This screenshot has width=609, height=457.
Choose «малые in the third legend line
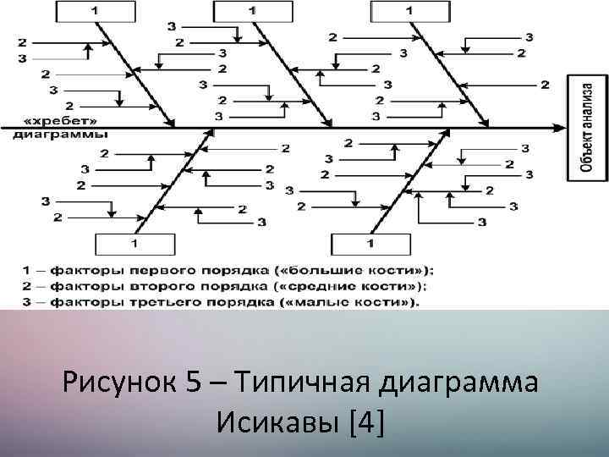(x=332, y=302)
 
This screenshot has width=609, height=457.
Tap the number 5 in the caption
(x=193, y=383)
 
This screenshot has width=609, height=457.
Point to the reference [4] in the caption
(x=365, y=421)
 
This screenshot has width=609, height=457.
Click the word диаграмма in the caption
(x=459, y=383)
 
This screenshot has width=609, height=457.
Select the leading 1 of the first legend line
(x=25, y=270)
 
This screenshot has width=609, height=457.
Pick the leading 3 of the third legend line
(x=25, y=302)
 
